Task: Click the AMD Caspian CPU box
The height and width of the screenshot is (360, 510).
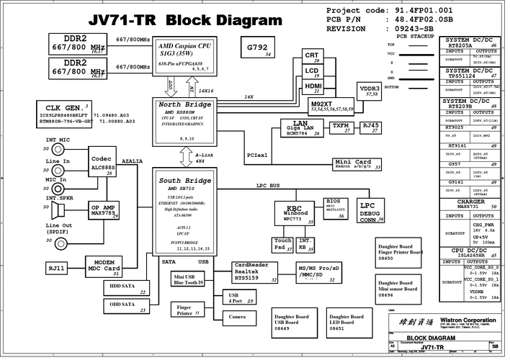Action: (184, 55)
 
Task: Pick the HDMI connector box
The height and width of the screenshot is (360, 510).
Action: (313, 87)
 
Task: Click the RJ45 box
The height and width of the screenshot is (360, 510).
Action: (370, 127)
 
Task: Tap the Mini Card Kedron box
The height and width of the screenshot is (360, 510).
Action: (357, 163)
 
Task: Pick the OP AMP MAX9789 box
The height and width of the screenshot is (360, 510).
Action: (103, 210)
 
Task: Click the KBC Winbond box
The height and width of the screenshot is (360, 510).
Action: (293, 213)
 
